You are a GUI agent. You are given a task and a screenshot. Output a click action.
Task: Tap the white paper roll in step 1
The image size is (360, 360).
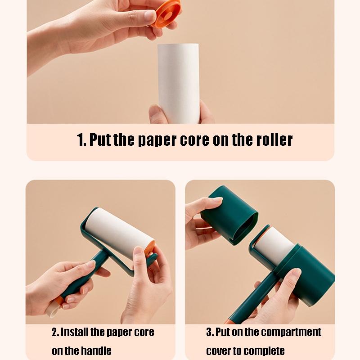point(179,76)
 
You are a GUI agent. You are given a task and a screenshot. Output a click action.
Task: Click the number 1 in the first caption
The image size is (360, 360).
point(81,140)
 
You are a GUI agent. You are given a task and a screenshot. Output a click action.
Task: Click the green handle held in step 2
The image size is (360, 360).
point(85,274)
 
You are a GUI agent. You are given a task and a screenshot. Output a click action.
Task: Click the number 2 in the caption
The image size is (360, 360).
point(55,333)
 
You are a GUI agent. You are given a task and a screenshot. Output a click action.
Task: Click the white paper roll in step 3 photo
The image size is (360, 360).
point(274,245)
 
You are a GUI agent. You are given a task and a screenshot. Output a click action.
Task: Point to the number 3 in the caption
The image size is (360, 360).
point(209,333)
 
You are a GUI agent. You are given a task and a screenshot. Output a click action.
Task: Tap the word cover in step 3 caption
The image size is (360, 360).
point(219,351)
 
